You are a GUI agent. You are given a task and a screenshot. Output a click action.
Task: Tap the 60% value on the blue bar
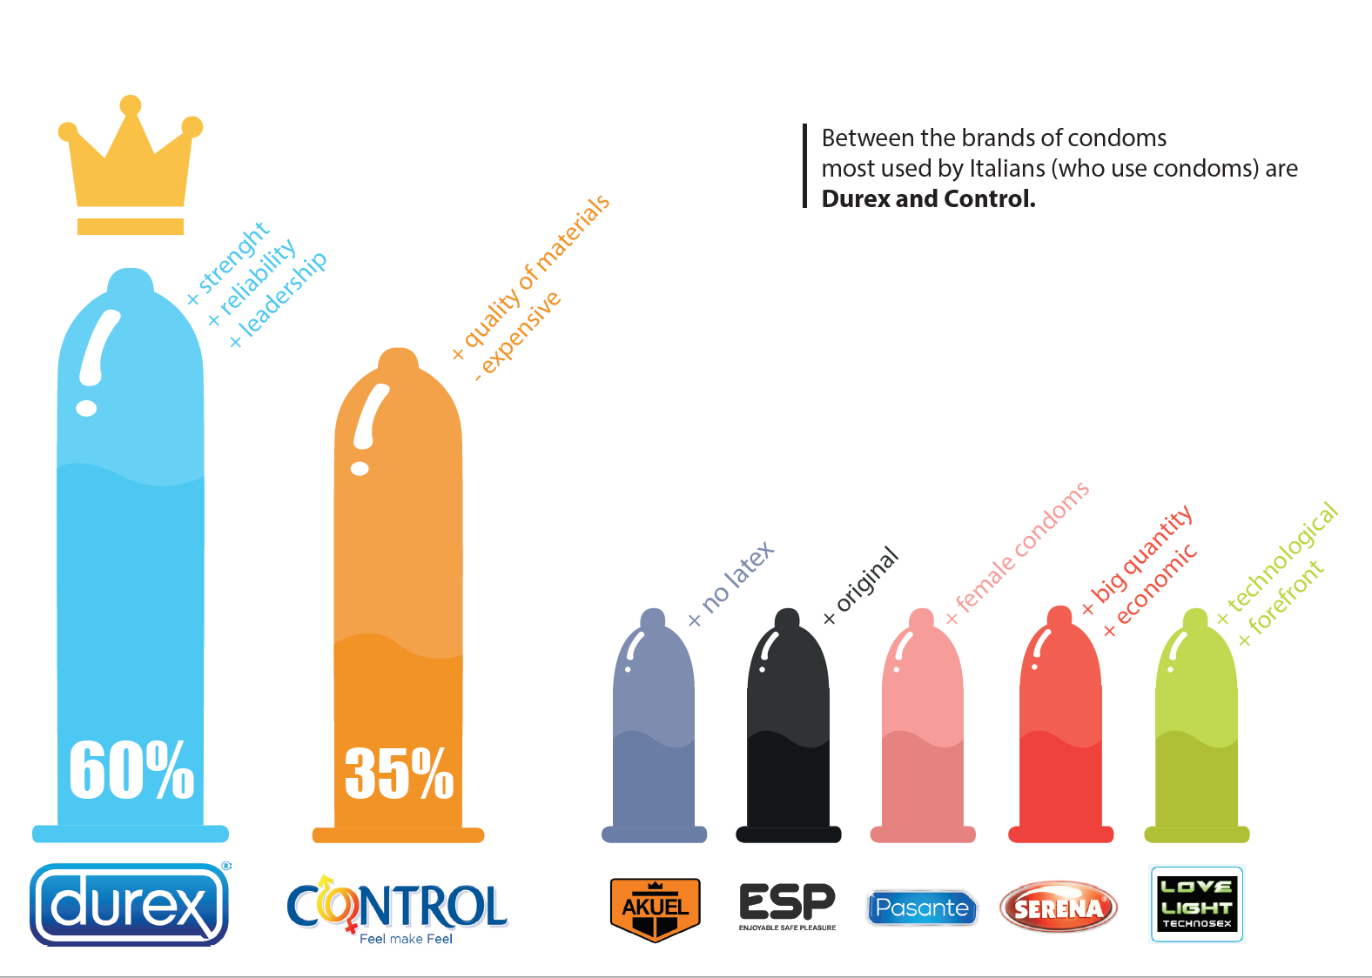click(x=131, y=770)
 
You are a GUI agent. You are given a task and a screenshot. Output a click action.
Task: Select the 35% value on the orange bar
click(x=399, y=773)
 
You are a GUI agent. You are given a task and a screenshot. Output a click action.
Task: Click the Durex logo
click(x=129, y=905)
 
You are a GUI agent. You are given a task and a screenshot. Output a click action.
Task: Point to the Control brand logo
click(x=397, y=909)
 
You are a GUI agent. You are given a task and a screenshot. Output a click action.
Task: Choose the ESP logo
click(x=787, y=905)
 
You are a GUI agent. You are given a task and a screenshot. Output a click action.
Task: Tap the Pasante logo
click(x=922, y=908)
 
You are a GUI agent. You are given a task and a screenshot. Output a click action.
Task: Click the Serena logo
click(x=1058, y=908)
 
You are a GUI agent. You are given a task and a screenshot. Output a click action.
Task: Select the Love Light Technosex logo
click(x=1196, y=904)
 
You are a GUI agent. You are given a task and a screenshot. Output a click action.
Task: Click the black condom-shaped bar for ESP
click(x=789, y=731)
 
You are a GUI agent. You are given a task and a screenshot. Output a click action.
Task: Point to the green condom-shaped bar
click(x=1196, y=731)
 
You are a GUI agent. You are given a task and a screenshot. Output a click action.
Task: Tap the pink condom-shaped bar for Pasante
click(x=923, y=731)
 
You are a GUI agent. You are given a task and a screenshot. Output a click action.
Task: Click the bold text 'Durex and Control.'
click(x=928, y=199)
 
